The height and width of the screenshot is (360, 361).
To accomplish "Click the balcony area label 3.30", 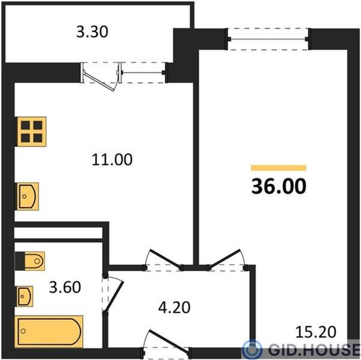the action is pyautogui.click(x=92, y=32).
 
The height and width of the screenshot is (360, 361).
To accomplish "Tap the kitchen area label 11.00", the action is pyautogui.click(x=112, y=160).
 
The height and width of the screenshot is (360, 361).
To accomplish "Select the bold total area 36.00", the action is pyautogui.click(x=279, y=186).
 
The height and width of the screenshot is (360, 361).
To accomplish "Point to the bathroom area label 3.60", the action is pyautogui.click(x=65, y=287).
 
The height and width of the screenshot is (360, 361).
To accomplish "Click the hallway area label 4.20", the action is pyautogui.click(x=174, y=308).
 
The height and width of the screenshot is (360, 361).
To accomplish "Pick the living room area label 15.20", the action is pyautogui.click(x=316, y=332).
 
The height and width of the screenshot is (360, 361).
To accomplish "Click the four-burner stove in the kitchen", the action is pyautogui.click(x=31, y=131).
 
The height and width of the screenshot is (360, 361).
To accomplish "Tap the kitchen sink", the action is pyautogui.click(x=27, y=196).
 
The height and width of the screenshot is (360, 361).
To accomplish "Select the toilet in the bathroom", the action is pyautogui.click(x=30, y=261).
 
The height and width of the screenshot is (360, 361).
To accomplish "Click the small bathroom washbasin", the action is pyautogui.click(x=24, y=296).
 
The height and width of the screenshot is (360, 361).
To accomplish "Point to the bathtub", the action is pyautogui.click(x=49, y=332).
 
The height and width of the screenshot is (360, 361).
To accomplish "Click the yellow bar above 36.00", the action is pyautogui.click(x=279, y=168).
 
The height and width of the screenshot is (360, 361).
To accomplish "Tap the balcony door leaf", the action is pyautogui.click(x=99, y=82).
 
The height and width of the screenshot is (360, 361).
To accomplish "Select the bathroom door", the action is pyautogui.click(x=114, y=296).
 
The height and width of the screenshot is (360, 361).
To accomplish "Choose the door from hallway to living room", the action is pyautogui.click(x=225, y=259).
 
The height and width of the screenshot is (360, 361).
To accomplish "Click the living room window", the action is pyautogui.click(x=268, y=39).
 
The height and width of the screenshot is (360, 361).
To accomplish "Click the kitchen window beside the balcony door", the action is pyautogui.click(x=143, y=73).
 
